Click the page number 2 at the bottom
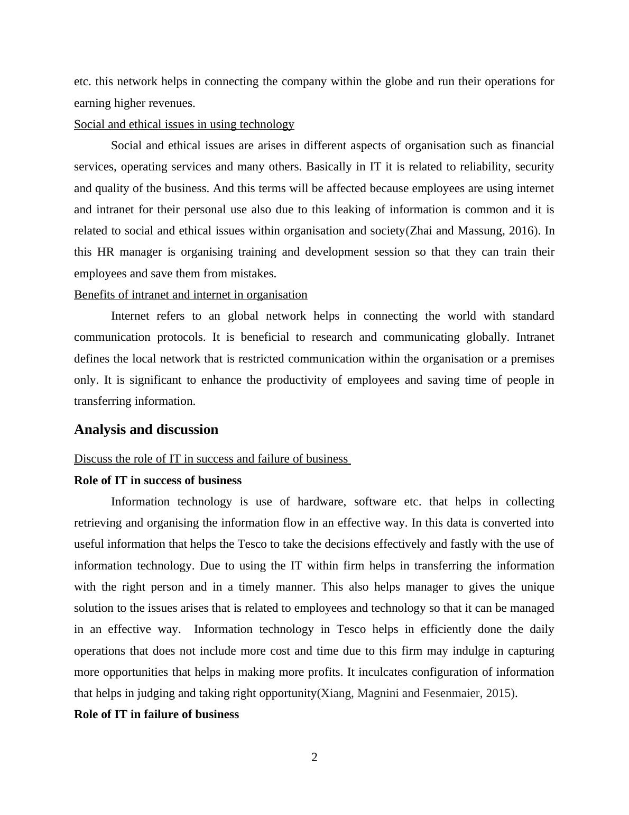click(314, 757)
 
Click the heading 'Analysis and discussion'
click(146, 429)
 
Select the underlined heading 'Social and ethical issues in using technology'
click(184, 124)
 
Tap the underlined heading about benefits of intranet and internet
click(190, 295)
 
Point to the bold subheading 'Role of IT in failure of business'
click(156, 714)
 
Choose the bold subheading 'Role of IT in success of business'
click(158, 481)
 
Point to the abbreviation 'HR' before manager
click(106, 252)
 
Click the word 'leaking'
click(354, 210)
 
